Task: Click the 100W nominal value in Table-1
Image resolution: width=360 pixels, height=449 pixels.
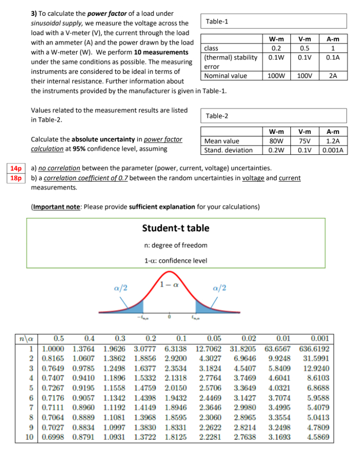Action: [x=276, y=75]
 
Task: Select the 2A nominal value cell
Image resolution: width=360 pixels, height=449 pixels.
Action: [x=333, y=75]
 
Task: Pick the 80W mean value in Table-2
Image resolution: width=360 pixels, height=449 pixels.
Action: [x=276, y=141]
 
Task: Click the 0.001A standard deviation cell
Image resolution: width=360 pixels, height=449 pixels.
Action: [x=333, y=150]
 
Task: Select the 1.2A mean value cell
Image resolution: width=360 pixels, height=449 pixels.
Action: [x=333, y=141]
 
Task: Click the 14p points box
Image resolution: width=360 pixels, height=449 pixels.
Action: [x=16, y=169]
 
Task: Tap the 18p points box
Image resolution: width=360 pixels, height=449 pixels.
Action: [x=16, y=178]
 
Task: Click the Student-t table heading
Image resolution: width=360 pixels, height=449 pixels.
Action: [x=176, y=228]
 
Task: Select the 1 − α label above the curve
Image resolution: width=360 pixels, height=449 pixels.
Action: [x=170, y=283]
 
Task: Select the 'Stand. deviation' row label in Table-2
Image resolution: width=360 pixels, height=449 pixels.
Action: [x=229, y=150]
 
